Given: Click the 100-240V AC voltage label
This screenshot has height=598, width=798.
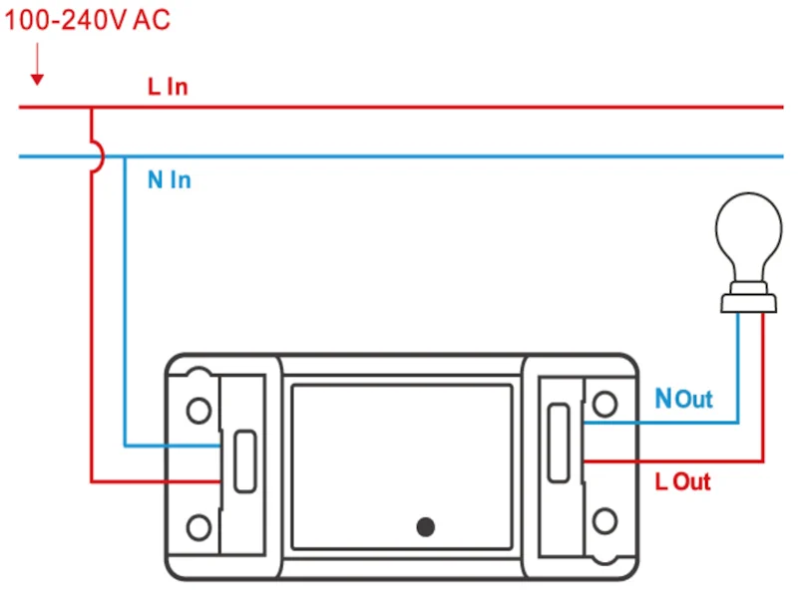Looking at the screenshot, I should [88, 21].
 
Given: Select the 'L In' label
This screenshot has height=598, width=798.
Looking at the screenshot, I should [168, 87].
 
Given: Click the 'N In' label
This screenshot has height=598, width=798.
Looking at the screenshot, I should [169, 180].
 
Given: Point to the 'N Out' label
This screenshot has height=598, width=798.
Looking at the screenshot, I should [683, 400].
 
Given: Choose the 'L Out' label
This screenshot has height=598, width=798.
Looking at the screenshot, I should [683, 482].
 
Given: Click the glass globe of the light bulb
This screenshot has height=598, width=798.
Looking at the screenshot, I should [748, 240].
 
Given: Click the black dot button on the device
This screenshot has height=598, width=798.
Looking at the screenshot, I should [426, 526].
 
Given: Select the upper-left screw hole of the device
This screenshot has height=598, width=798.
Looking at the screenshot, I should [199, 409].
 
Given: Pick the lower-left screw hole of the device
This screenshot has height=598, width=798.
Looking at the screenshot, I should [199, 525].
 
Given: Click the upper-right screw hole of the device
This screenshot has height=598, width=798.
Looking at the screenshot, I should [604, 404].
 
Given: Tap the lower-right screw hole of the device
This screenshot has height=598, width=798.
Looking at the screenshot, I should [604, 521].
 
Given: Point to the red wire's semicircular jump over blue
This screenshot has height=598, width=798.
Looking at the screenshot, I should [96, 156].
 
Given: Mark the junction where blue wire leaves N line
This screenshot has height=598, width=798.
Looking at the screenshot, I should [124, 156].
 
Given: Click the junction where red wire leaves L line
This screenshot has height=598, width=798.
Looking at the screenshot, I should [91, 107].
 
